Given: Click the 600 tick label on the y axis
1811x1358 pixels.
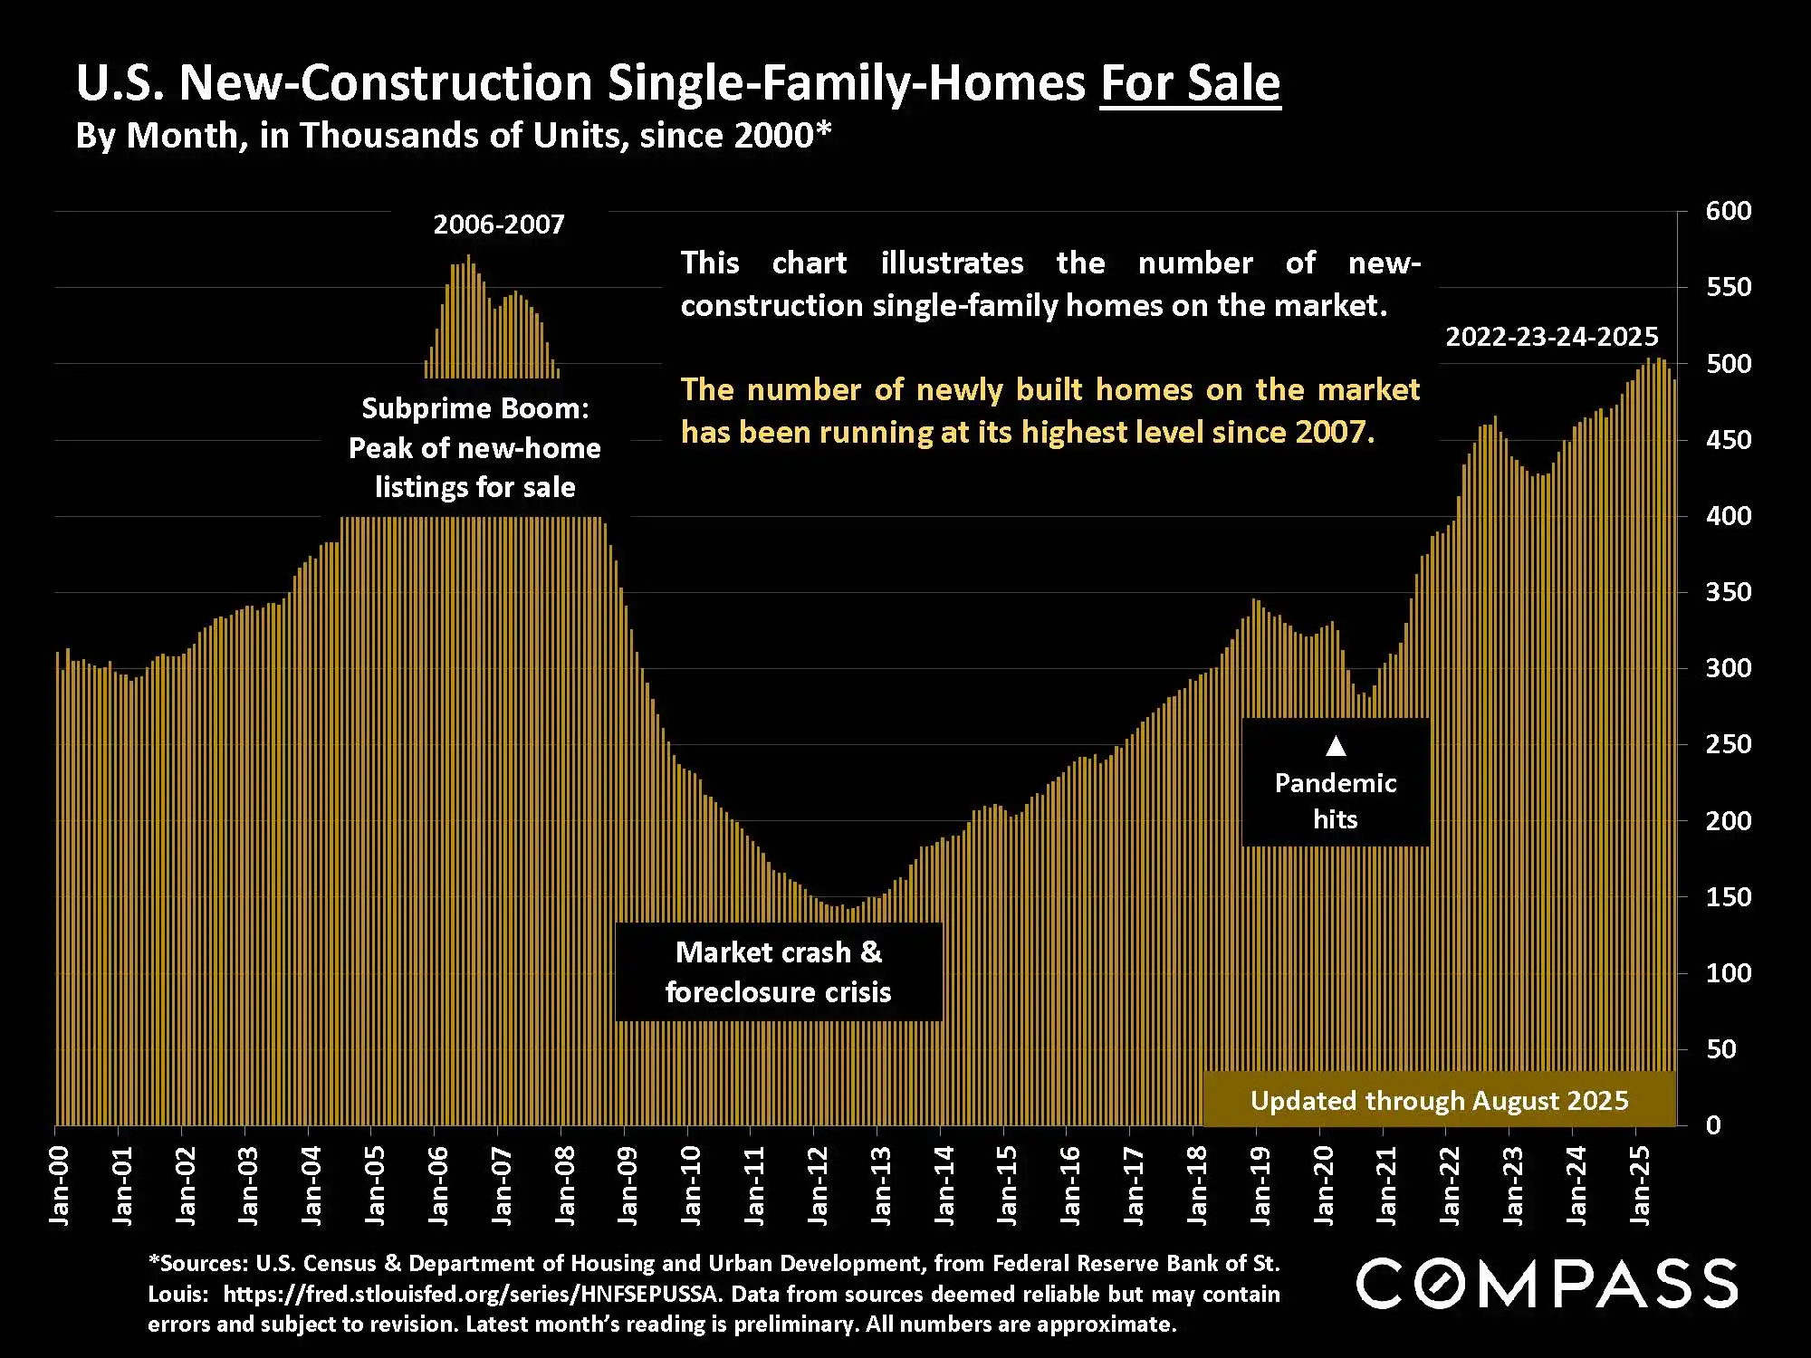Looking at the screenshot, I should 1728,211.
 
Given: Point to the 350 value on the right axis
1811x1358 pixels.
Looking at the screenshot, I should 1728,592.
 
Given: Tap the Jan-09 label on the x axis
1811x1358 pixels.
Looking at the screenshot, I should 627,1186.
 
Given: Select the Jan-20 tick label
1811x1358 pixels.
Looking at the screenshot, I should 1323,1186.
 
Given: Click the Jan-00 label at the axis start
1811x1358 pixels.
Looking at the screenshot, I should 59,1186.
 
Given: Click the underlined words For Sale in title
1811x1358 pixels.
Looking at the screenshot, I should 1190,83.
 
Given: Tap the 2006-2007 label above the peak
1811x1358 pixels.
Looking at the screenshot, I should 498,225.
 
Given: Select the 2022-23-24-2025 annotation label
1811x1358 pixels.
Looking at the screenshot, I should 1551,337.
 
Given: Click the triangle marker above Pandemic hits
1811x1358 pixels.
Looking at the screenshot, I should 1336,746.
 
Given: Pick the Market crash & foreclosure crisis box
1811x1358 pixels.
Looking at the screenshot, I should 779,972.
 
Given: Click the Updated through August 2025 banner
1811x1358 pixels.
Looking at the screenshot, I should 1439,1100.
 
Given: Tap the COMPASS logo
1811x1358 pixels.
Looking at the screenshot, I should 1547,1284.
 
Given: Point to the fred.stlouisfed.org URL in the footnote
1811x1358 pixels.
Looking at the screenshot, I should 471,1294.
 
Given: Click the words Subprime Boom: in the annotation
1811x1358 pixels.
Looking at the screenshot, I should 475,408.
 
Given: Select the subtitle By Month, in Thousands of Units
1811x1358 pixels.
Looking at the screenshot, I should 453,136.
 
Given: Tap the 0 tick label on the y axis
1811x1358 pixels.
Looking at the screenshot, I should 1713,1125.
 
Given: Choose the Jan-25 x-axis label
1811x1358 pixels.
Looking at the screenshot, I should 1640,1186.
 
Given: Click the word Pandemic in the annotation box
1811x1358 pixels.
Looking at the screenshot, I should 1336,783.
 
